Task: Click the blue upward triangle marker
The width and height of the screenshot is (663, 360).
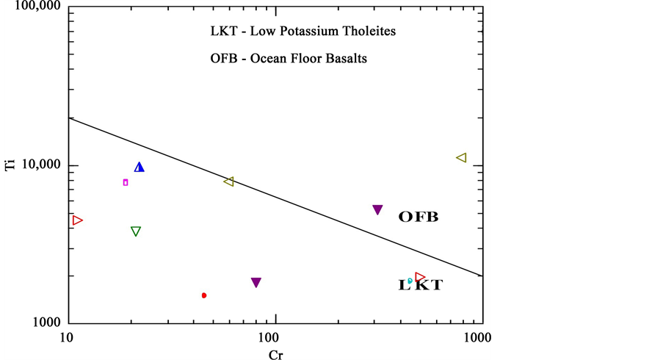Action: click(x=140, y=168)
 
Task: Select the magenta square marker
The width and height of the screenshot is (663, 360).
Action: click(x=126, y=182)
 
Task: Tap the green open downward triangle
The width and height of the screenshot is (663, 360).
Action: click(x=136, y=231)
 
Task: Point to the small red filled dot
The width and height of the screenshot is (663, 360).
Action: click(x=204, y=295)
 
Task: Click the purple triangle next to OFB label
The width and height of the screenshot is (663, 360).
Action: click(x=377, y=210)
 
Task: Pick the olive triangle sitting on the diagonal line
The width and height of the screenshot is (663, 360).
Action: click(x=229, y=181)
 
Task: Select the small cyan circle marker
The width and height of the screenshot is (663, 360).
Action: click(x=410, y=281)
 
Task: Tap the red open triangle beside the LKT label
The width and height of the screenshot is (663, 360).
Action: click(x=420, y=277)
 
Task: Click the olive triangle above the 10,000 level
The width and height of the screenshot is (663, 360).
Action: click(x=461, y=158)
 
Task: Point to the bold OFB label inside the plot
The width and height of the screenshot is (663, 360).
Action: click(x=419, y=217)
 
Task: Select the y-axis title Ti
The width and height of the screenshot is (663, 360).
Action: click(x=10, y=166)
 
